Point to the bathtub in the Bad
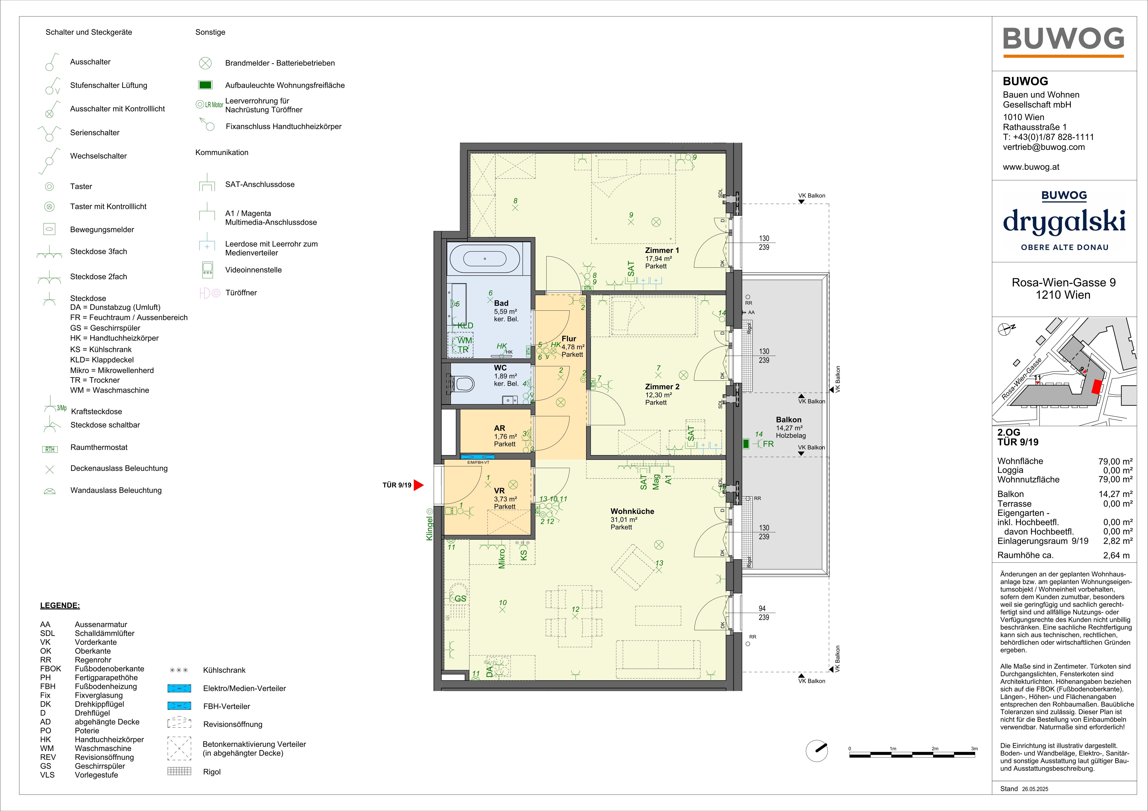coord(484,258)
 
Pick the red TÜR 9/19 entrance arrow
coord(419,485)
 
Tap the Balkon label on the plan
coord(788,420)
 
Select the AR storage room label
coord(500,428)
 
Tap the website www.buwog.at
coord(1031,167)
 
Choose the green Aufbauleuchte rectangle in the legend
coord(205,85)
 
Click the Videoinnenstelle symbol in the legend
coord(207,270)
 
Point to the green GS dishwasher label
coord(460,599)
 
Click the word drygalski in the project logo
coord(1064,222)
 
